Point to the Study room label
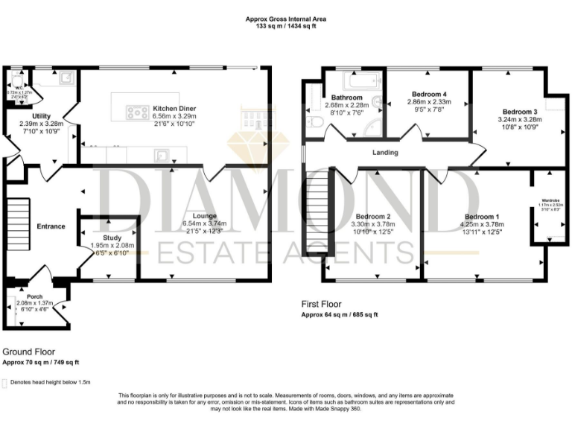coord(112,238)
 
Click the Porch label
coord(34,296)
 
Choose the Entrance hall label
coord(51,226)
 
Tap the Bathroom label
coord(347,98)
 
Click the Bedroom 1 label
coord(482,217)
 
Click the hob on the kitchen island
coord(136,112)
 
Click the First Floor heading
coord(322,304)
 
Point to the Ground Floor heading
coord(29,351)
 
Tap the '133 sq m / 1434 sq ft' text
coord(286,26)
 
